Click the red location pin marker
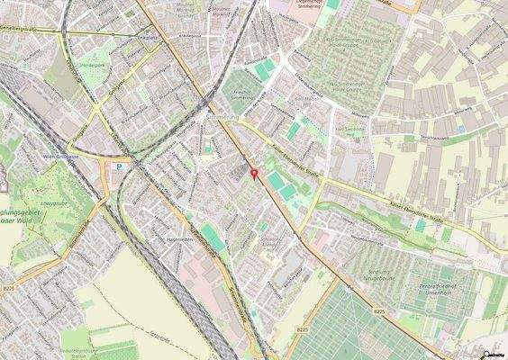point(254,173)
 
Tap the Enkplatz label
point(145,39)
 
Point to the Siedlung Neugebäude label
point(368,275)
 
